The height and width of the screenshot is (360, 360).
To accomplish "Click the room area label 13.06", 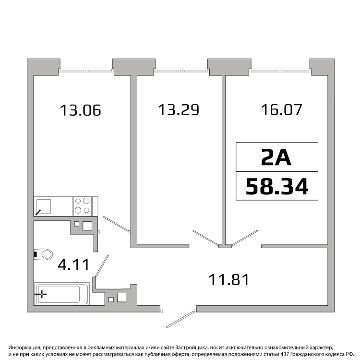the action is [x=80, y=110].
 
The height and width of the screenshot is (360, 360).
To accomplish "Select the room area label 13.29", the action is [x=179, y=110].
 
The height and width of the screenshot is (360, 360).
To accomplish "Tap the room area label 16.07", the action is [x=281, y=110].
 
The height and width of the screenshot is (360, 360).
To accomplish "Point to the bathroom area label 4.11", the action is [x=73, y=264].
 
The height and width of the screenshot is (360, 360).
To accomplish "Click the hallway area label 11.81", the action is [x=229, y=280].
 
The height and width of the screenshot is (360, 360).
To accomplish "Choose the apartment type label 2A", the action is [x=276, y=157].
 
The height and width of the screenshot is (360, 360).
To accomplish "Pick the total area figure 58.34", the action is [x=277, y=186].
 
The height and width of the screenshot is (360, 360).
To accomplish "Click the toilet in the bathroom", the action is [x=43, y=254].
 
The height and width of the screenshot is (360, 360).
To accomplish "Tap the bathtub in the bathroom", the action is [x=62, y=294].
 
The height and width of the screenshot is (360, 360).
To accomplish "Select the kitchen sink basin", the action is [x=44, y=206].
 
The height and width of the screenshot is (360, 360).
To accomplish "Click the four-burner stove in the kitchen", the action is [x=83, y=206].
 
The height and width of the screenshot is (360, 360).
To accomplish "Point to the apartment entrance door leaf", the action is [x=180, y=319].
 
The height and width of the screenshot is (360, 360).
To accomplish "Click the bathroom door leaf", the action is [x=102, y=266].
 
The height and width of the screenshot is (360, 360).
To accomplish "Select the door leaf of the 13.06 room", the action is [x=116, y=224].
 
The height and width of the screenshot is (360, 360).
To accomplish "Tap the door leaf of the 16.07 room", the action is [x=245, y=238].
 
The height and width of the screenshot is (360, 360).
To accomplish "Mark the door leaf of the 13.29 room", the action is [x=206, y=238].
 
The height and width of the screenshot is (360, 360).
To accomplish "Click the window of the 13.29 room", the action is [x=181, y=71].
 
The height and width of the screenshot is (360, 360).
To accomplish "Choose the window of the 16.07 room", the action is [x=280, y=71].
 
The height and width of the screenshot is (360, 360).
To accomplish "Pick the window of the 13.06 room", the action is [x=86, y=71].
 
